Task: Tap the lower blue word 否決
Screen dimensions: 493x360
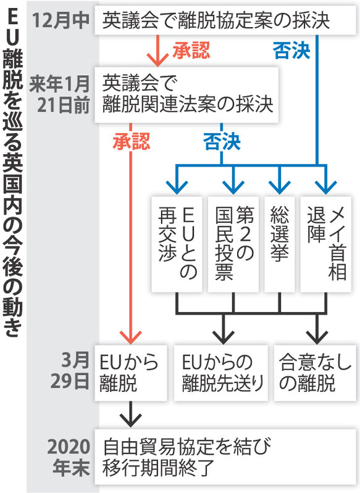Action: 222,142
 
